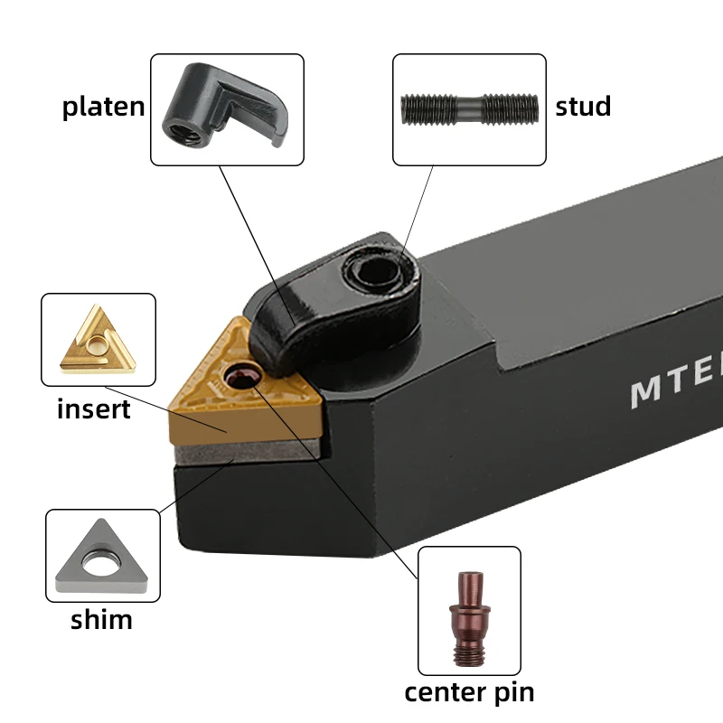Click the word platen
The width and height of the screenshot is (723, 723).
point(103,107)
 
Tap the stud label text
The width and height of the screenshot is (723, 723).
point(583,107)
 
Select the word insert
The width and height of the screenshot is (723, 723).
point(94,409)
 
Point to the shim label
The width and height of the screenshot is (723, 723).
point(101,620)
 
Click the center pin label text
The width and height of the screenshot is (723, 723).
point(469,693)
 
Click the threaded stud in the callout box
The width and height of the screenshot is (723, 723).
point(470,108)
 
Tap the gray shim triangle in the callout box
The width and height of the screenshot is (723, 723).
point(101,557)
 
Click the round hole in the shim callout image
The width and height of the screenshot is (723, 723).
point(101,564)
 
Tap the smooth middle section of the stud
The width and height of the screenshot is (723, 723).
point(470,108)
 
